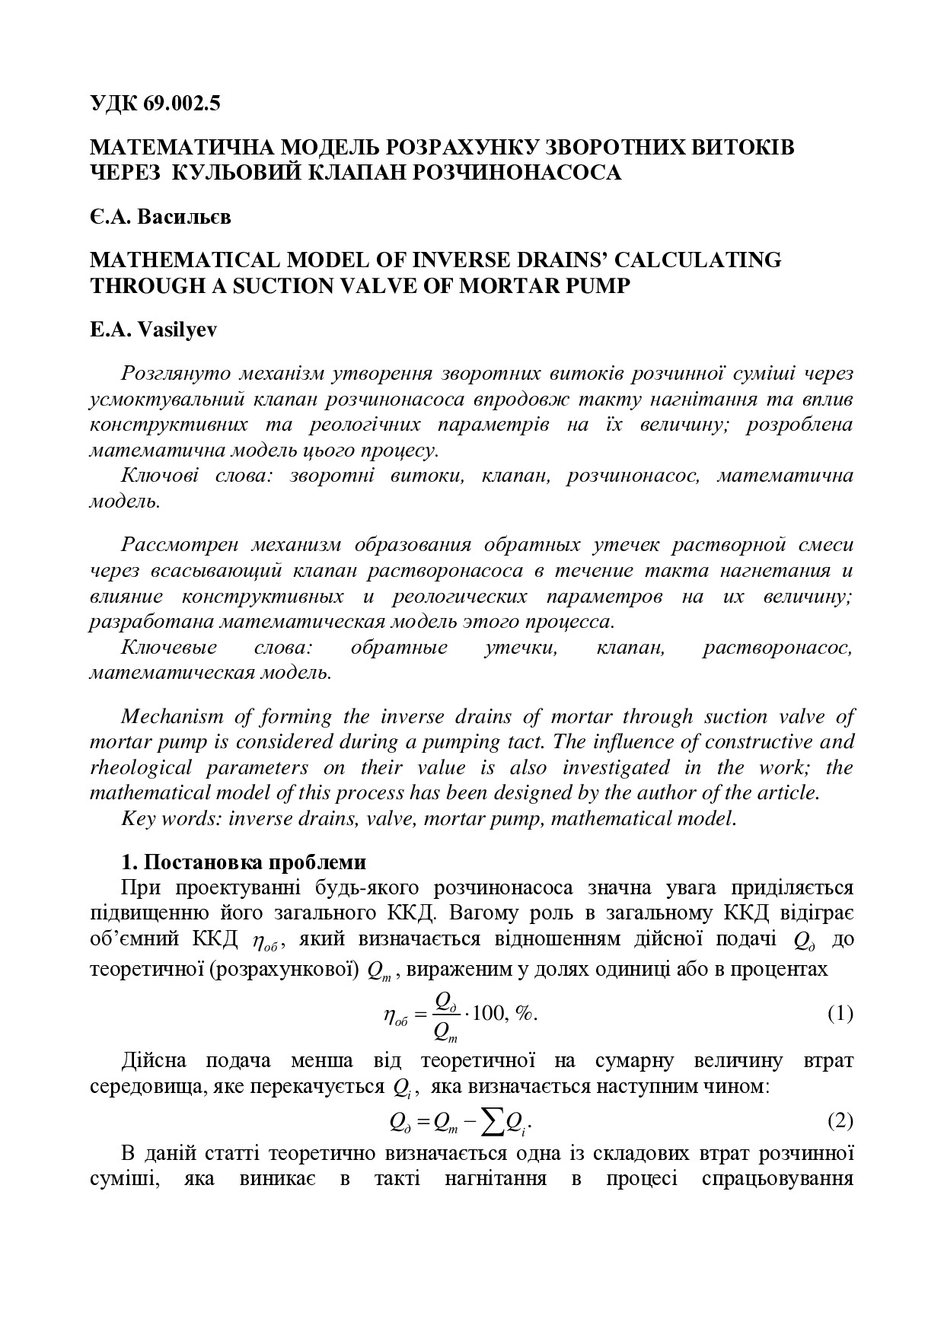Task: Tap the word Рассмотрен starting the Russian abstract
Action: coord(180,545)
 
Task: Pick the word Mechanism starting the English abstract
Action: coord(171,716)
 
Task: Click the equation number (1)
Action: coord(840,1013)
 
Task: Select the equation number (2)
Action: coord(840,1121)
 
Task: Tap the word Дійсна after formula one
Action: coord(153,1060)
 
